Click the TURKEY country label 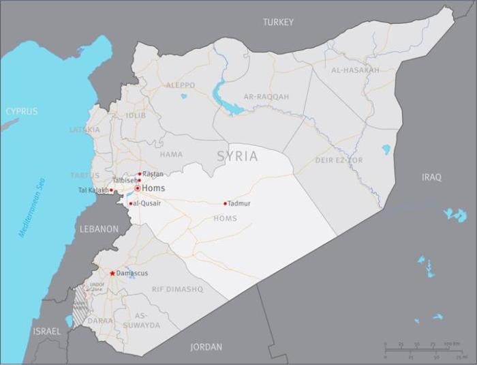point(278,23)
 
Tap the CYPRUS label point(21,111)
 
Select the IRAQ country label point(431,177)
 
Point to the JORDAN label point(206,347)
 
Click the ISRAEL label point(46,332)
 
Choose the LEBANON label point(99,230)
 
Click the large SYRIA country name point(237,157)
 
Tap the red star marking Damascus point(112,274)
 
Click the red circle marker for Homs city point(137,188)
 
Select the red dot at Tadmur point(225,203)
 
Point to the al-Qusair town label point(147,203)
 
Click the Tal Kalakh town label point(93,190)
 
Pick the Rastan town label point(153,174)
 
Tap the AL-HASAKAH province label point(355,70)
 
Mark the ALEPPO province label point(181,85)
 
